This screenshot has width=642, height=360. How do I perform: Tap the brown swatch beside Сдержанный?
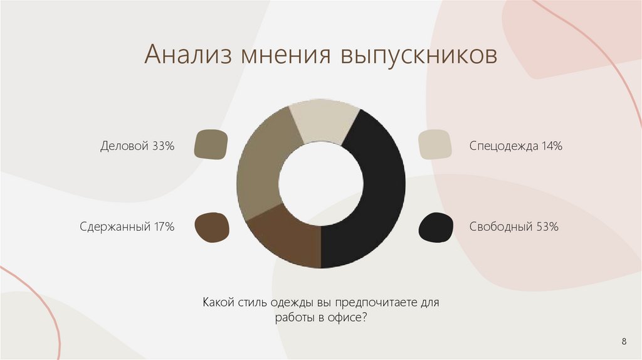(x=212, y=226)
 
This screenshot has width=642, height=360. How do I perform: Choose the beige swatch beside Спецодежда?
(x=434, y=146)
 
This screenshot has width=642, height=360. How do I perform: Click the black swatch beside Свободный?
(x=436, y=227)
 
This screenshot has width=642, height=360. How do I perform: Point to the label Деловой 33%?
(x=137, y=146)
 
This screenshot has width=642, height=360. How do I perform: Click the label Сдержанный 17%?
(x=127, y=226)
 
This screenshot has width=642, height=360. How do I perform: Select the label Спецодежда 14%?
(x=515, y=146)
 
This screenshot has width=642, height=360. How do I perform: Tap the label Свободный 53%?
(x=513, y=226)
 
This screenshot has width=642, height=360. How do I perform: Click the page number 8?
(x=624, y=341)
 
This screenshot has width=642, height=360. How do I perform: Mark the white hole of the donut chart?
(x=321, y=184)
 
